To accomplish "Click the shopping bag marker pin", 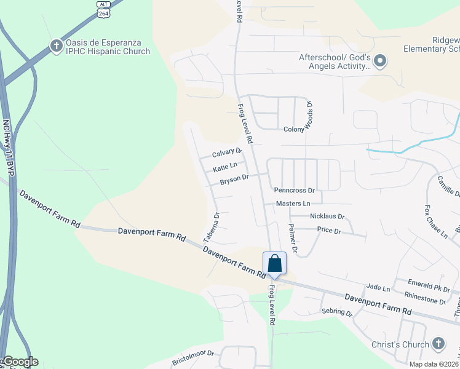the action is (x=274, y=263).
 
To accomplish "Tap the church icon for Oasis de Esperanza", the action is (x=56, y=46).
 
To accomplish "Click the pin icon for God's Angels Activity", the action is (x=380, y=60).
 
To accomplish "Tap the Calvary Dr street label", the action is (x=227, y=153).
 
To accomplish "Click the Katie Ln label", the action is (x=225, y=167).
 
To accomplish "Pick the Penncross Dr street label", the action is (x=294, y=191).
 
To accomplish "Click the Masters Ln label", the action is (x=293, y=203).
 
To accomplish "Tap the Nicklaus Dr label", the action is (x=327, y=217).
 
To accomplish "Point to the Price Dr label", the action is (x=329, y=231).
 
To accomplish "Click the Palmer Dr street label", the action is (x=293, y=239).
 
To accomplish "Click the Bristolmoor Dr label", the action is (x=192, y=355).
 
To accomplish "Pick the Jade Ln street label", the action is (x=378, y=288).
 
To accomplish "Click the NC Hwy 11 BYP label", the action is (x=8, y=150).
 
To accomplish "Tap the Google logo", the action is (x=20, y=362).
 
